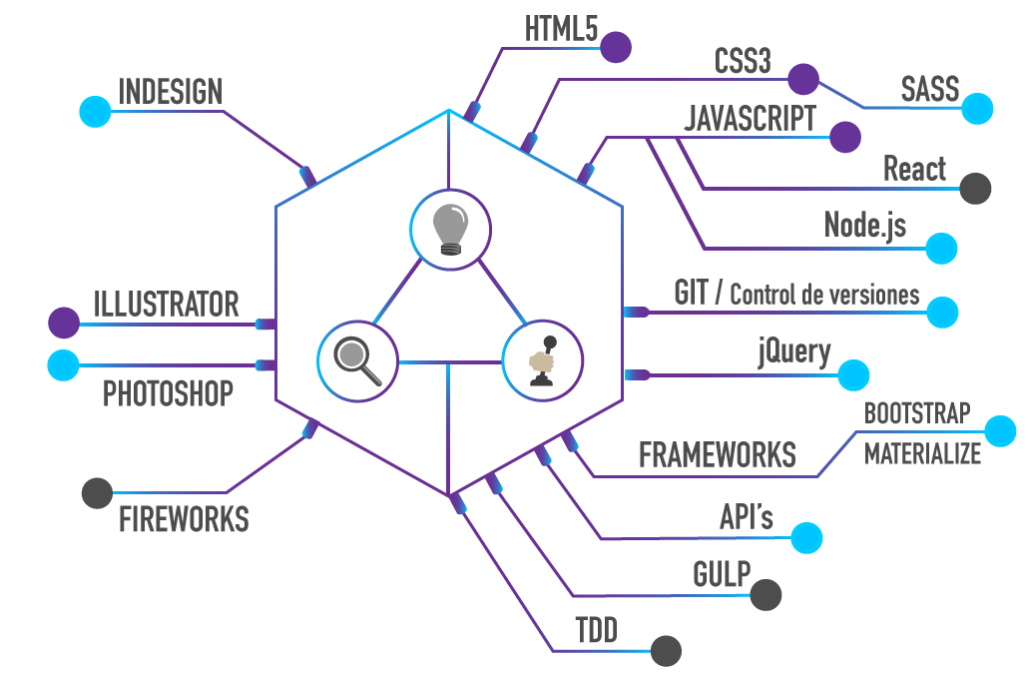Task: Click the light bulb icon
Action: coord(450,228)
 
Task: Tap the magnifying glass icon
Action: coord(357,360)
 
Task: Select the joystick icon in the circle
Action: coord(542,360)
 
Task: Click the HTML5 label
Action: coord(561,30)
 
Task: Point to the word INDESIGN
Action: coord(170,92)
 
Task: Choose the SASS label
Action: coord(929,89)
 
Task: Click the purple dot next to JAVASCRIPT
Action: coord(844,137)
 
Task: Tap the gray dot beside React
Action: coord(975,188)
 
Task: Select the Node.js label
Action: coord(864,225)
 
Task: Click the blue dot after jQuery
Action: coord(852,374)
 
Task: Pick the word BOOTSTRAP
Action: coord(916,412)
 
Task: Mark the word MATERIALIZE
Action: coord(922,454)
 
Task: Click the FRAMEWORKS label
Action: coord(717,455)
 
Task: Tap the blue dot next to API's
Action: coord(806,537)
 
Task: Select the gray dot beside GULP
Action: coord(766,594)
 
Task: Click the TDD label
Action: coord(596,631)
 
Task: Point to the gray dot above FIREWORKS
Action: coord(97,492)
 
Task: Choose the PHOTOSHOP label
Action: coord(168,394)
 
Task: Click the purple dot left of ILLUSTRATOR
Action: coord(64,323)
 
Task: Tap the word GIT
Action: coord(691,294)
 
